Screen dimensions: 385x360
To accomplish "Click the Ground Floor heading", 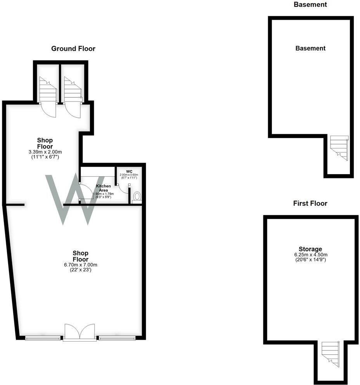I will [73, 48].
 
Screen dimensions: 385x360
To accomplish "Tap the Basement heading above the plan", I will [310, 5].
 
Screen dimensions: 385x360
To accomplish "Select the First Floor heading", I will [310, 203].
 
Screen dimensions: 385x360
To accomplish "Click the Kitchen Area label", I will [103, 188].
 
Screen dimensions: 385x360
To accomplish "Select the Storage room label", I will [310, 249].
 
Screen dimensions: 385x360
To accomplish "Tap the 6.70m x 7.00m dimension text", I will [81, 265].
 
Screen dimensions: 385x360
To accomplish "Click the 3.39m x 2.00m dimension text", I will [45, 152].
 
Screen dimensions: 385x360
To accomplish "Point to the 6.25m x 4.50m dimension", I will [310, 254].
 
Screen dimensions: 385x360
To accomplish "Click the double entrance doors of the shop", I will [80, 332].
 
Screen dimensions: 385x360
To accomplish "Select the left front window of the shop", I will [43, 338].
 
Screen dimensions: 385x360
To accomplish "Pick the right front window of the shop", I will [116, 338].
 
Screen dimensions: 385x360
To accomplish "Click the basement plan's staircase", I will [339, 147].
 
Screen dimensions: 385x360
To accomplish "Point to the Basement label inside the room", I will [310, 48].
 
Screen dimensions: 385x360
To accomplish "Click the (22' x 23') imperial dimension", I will [81, 270].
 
